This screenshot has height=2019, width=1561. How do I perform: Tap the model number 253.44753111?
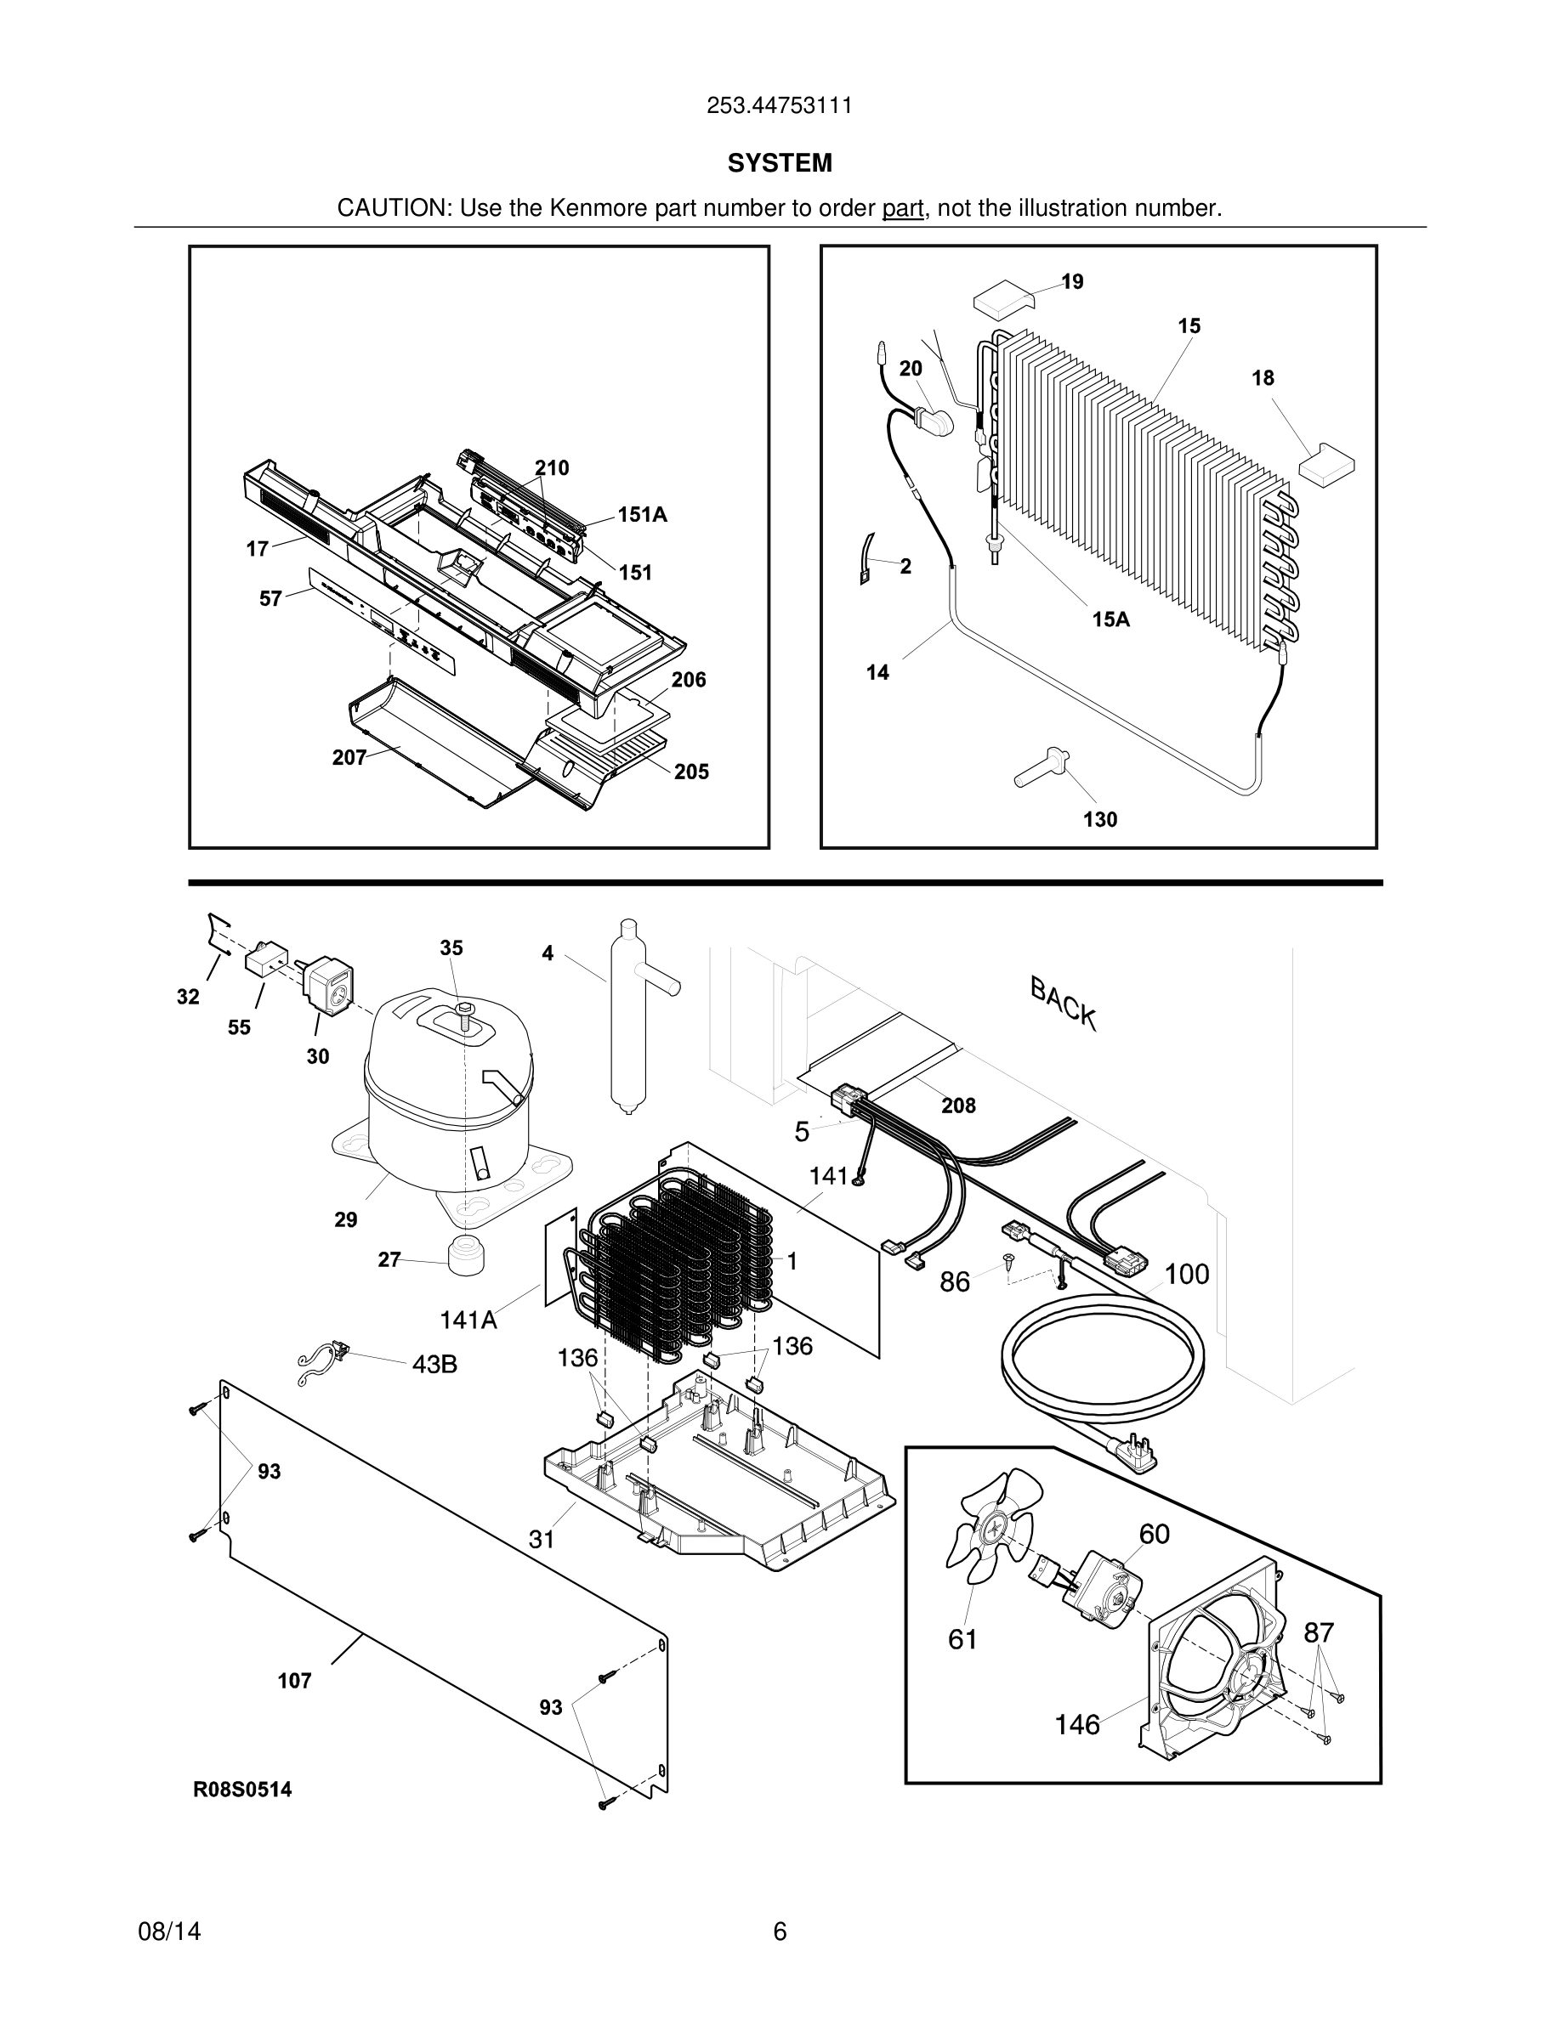[x=780, y=105]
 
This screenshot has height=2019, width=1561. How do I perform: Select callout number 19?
[x=1073, y=281]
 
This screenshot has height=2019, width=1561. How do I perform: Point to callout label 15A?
[x=1110, y=619]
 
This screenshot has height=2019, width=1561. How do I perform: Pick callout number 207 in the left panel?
[x=349, y=757]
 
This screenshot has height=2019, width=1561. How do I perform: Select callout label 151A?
[x=642, y=515]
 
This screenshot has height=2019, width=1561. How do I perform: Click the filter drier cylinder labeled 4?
[x=627, y=1017]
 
